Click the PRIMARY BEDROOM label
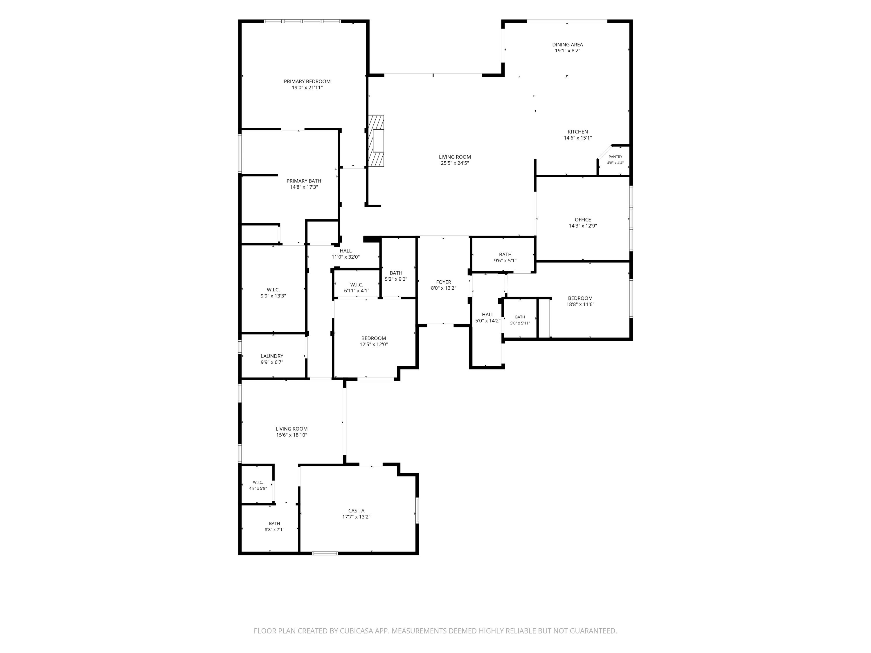tap(307, 82)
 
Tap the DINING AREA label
tap(567, 44)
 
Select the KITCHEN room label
tap(578, 132)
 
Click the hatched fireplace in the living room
tap(376, 141)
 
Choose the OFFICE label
tap(583, 220)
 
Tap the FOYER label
tap(443, 282)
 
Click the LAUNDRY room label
tap(272, 356)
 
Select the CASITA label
tap(356, 511)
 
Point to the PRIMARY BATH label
tap(304, 181)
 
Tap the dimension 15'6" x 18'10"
tap(291, 435)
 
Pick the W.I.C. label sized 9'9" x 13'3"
tap(273, 290)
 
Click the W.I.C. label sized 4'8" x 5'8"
tap(258, 482)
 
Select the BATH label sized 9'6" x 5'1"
tap(505, 255)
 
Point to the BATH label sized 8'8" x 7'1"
tap(274, 524)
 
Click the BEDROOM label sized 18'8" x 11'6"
tap(580, 298)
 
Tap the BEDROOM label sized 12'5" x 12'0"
tap(374, 338)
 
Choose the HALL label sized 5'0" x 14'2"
tap(488, 315)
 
